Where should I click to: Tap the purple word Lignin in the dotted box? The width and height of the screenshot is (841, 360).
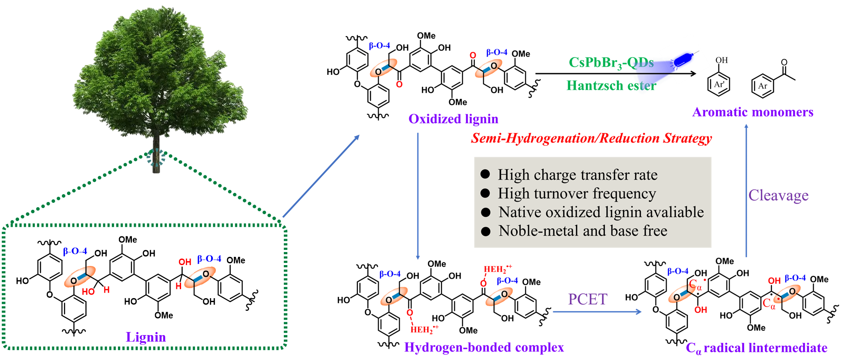(146, 337)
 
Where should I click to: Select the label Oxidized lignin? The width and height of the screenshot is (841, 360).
(453, 119)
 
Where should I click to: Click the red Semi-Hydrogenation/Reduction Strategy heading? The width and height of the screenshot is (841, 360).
(591, 138)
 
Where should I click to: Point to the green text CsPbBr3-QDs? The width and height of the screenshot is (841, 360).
(609, 63)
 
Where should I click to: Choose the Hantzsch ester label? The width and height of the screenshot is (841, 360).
(609, 85)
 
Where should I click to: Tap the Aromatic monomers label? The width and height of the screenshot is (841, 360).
(753, 112)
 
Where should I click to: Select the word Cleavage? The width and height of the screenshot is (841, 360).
(778, 195)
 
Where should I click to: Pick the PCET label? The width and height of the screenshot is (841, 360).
(587, 299)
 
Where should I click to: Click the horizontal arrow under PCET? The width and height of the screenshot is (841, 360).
(597, 312)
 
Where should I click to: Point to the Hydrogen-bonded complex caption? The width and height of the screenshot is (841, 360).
(484, 347)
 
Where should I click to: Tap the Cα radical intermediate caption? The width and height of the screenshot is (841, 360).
(756, 347)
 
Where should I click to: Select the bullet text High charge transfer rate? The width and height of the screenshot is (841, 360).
(577, 175)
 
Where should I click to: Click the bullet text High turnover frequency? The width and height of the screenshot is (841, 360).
(576, 193)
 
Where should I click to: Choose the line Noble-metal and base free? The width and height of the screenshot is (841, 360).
(582, 231)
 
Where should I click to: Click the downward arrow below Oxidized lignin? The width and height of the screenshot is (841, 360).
(418, 196)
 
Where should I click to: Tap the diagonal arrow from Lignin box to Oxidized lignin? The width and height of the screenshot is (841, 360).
(321, 176)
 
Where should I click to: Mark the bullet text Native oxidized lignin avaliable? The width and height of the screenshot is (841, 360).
(601, 212)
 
